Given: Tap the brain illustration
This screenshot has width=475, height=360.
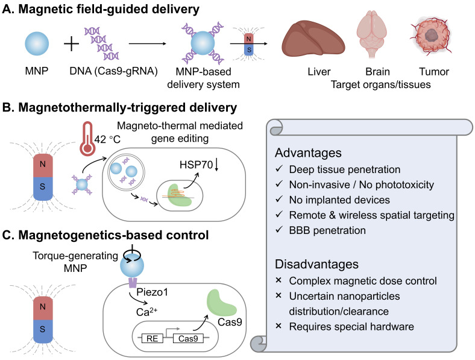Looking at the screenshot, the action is pyautogui.click(x=371, y=33).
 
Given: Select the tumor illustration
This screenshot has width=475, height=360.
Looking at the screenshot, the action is pyautogui.click(x=431, y=36).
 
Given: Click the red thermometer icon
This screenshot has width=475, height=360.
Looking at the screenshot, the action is pyautogui.click(x=87, y=139).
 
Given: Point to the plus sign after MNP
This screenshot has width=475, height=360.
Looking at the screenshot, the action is pyautogui.click(x=72, y=44).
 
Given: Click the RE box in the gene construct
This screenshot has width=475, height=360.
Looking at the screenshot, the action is pyautogui.click(x=152, y=338).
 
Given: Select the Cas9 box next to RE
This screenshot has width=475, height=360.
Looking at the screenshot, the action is pyautogui.click(x=188, y=338).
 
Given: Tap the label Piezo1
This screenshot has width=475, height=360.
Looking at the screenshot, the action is pyautogui.click(x=152, y=292).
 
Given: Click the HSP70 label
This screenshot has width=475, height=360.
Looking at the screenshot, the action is pyautogui.click(x=196, y=165).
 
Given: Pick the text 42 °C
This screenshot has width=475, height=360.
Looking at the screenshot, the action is pyautogui.click(x=107, y=139).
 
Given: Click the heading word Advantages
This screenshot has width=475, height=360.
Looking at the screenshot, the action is pyautogui.click(x=308, y=153).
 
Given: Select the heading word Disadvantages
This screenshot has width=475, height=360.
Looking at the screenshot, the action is pyautogui.click(x=316, y=264).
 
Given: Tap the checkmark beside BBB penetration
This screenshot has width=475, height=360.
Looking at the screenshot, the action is pyautogui.click(x=279, y=229).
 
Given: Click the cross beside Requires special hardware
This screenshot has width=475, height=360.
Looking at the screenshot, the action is pyautogui.click(x=278, y=326).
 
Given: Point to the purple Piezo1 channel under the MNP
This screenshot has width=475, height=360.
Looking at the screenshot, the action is pyautogui.click(x=133, y=282).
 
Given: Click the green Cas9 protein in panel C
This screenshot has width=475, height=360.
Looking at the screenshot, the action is pyautogui.click(x=221, y=303).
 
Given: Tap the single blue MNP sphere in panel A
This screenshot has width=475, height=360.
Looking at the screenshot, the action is pyautogui.click(x=37, y=43).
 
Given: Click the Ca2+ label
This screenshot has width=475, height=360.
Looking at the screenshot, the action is pyautogui.click(x=146, y=312).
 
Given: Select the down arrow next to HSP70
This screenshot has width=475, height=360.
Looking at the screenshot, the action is pyautogui.click(x=216, y=165).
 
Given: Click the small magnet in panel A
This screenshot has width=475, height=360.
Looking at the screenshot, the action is pyautogui.click(x=249, y=44).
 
